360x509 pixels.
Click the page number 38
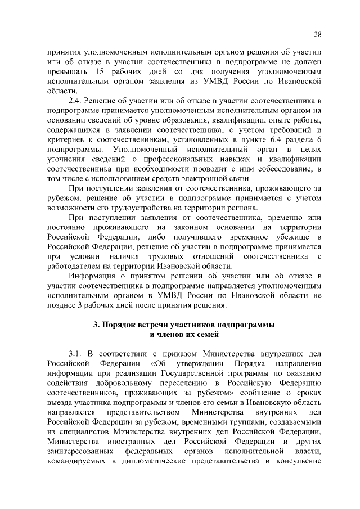317,35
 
